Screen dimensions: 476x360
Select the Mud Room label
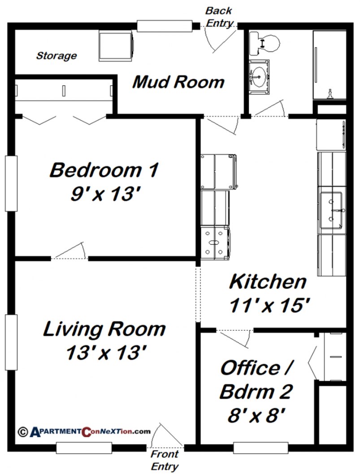178,82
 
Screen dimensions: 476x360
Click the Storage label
56,56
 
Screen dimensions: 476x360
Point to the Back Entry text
219,16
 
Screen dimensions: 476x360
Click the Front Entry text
165,460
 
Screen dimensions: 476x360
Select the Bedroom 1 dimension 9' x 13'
104,194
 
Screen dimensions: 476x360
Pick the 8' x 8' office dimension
256,416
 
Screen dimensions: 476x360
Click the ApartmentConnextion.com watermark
84,432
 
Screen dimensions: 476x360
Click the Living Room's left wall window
11,342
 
